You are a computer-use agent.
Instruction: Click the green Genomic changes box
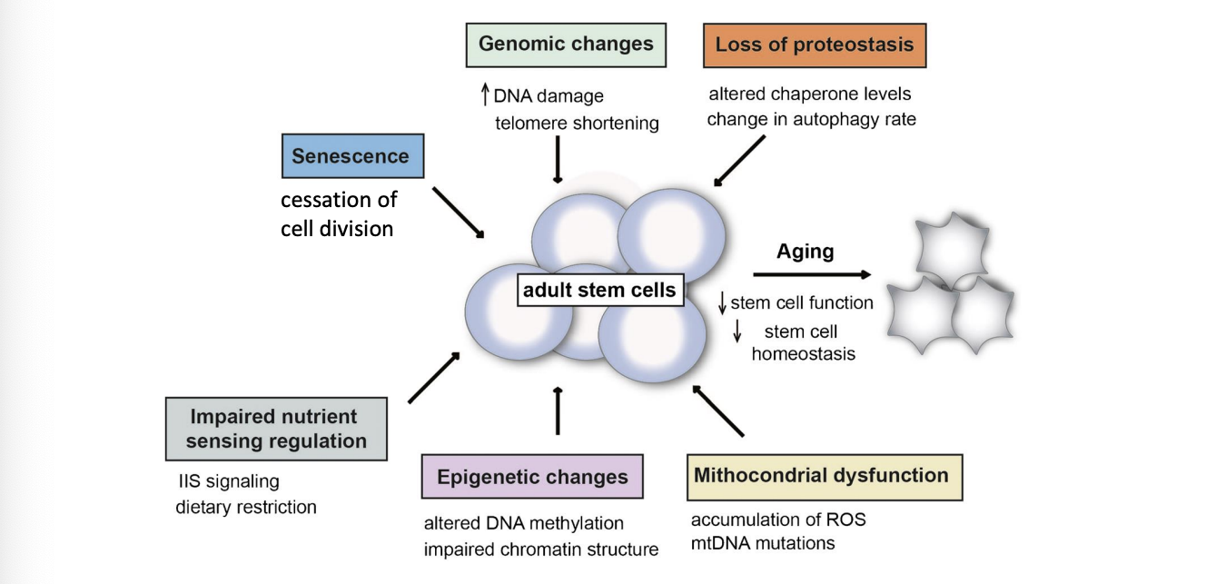pos(566,45)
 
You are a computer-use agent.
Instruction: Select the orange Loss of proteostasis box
pos(815,45)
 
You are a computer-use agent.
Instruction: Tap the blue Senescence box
pos(352,156)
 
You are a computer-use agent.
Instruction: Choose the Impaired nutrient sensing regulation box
pos(276,429)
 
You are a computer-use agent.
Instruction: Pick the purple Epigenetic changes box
pos(532,476)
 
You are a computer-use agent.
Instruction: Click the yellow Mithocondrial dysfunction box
pos(825,478)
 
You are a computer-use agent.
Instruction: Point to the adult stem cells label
pos(600,290)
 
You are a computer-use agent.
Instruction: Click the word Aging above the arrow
pos(806,252)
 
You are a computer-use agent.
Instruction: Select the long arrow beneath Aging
pos(812,274)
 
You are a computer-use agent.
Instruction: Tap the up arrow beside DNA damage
pos(485,94)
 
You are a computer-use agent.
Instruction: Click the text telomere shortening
pos(577,124)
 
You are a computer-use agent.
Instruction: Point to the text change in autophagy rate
pos(811,119)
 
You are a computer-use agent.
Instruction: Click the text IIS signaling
pos(229,481)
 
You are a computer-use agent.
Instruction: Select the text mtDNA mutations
pos(763,543)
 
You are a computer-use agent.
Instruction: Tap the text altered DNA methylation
pos(524,523)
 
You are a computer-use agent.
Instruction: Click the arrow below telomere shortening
pos(558,159)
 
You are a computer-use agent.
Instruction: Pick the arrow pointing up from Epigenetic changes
pos(558,411)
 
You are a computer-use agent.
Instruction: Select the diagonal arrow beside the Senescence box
pos(459,213)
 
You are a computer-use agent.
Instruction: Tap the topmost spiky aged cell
pos(952,249)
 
